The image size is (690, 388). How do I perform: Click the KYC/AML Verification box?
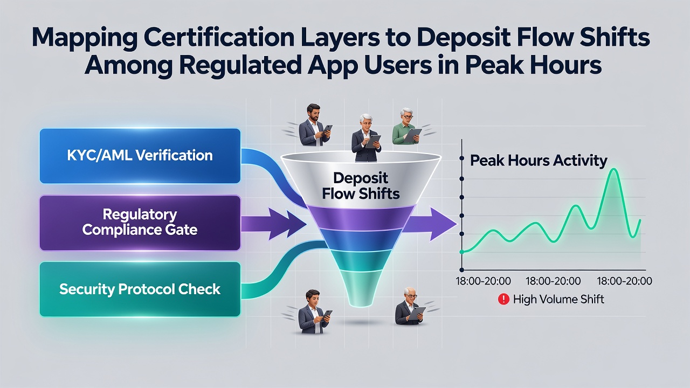pos(140,156)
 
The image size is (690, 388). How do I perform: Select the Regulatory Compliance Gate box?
pos(140,223)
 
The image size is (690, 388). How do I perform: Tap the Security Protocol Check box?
pos(140,289)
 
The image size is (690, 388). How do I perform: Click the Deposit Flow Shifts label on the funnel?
pos(361,186)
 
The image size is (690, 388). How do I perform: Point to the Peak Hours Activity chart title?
pos(539,161)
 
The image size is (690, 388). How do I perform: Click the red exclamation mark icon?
pos(503,299)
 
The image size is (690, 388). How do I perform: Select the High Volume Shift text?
pos(558,299)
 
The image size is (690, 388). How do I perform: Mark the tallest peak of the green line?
pos(614,169)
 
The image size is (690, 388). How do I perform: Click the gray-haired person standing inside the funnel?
pos(365,138)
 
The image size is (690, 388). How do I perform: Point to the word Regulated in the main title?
pos(240,65)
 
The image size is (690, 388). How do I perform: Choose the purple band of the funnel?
pos(361,217)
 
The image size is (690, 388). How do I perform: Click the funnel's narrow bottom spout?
pos(361,288)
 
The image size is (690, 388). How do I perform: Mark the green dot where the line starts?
pos(462,252)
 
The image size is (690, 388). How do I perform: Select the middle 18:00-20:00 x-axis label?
pos(553,281)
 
